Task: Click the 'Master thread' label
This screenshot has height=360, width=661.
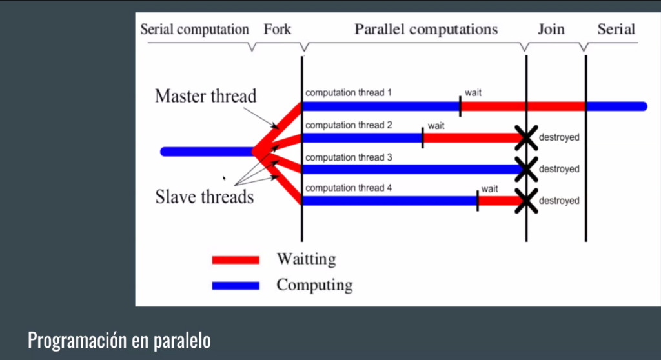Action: (205, 96)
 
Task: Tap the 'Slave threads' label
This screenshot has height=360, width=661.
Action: (205, 197)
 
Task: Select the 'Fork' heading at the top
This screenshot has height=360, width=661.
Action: (278, 29)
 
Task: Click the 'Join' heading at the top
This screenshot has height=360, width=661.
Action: (551, 29)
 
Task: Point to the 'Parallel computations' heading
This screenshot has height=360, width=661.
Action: (426, 29)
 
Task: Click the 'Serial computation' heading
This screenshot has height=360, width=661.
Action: (195, 30)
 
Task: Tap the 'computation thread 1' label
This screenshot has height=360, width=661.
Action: (348, 93)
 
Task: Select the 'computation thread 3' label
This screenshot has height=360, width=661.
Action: (349, 157)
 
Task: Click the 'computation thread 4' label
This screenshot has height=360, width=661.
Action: (349, 188)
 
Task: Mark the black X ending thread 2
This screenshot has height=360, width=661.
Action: (526, 137)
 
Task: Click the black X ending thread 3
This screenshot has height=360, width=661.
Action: (526, 169)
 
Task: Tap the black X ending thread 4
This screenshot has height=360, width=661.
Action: (526, 201)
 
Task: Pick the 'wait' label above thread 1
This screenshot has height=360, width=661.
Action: (473, 93)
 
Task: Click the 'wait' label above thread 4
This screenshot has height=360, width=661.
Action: (489, 188)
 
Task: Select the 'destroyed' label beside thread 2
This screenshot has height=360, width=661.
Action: (559, 137)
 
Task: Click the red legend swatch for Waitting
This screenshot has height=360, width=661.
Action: (236, 259)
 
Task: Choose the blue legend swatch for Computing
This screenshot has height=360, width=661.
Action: (236, 285)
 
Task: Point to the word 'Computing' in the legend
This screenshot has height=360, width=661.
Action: (314, 285)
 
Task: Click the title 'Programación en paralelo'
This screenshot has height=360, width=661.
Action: (119, 340)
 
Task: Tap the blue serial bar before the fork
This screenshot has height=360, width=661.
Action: (207, 152)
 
